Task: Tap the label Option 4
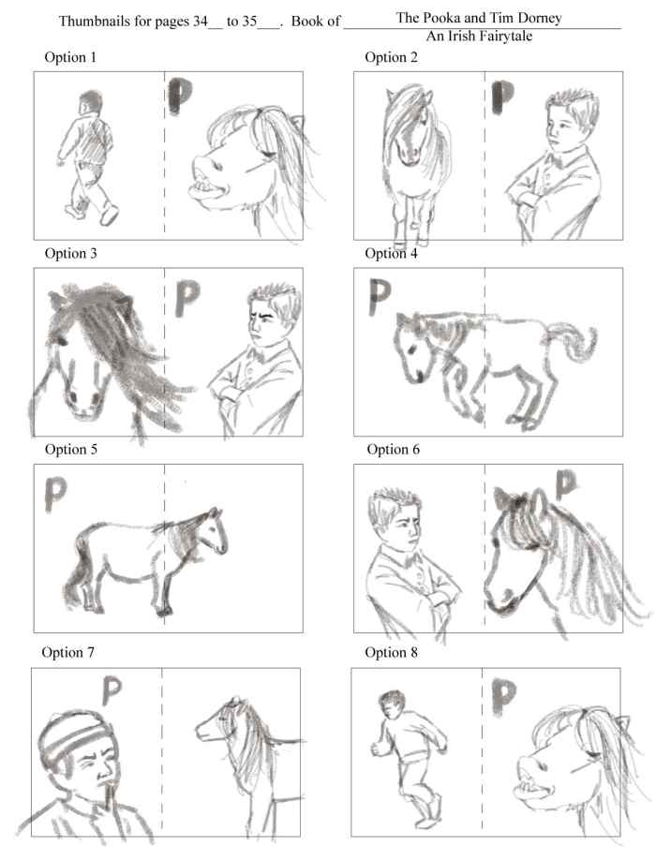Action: [x=390, y=253]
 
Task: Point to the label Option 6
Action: [x=392, y=449]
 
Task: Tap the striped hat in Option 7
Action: [x=66, y=741]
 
